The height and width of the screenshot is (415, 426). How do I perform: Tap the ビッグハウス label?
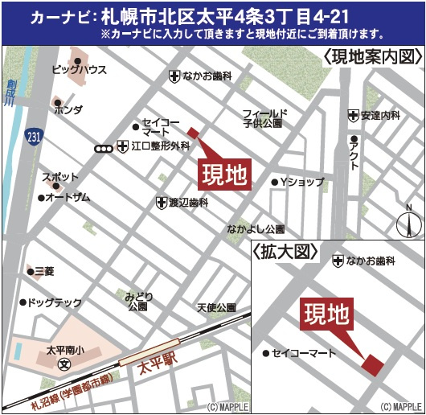(80, 70)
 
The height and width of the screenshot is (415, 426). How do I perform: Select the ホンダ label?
(68, 111)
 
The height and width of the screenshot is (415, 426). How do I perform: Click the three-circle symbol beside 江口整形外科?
(104, 147)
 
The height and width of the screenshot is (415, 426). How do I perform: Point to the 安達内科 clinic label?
(380, 116)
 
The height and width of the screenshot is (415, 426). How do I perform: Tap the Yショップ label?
(301, 182)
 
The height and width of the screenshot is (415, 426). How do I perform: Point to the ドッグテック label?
(54, 302)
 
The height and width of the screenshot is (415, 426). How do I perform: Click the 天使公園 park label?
(216, 307)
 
